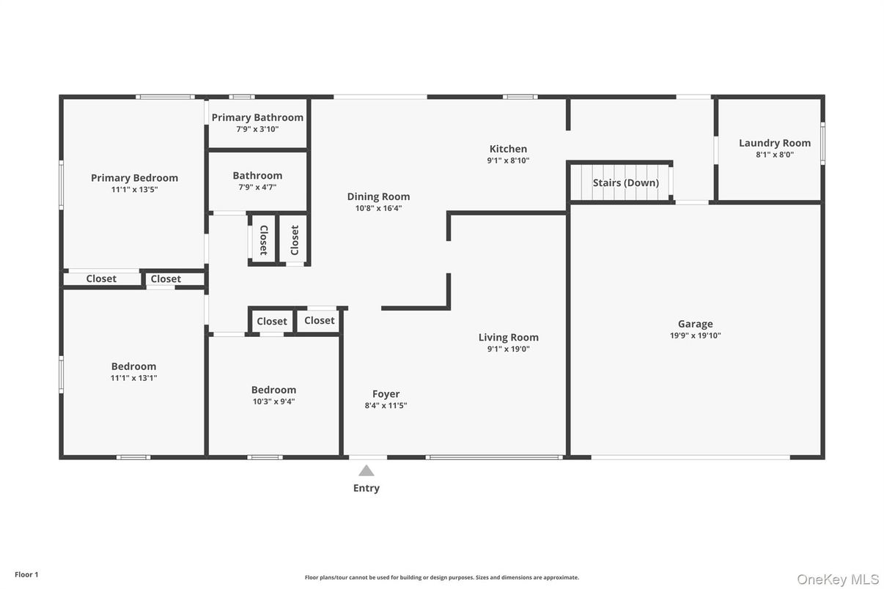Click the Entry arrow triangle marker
[x=367, y=471]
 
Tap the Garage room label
[x=695, y=324]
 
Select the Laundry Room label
[x=775, y=143]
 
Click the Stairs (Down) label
[x=626, y=182]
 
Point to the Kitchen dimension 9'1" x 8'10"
[x=508, y=160]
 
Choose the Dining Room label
[x=378, y=196]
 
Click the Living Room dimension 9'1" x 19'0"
[x=508, y=349]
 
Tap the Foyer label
[x=386, y=394]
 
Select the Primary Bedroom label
[x=134, y=177]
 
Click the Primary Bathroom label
[x=257, y=117]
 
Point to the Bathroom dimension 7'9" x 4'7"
[x=257, y=188]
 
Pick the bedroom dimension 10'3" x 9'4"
[x=273, y=401]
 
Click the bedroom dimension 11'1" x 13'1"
[x=133, y=378]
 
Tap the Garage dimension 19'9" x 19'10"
[x=695, y=336]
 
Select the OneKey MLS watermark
[x=837, y=579]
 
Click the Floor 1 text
[x=26, y=574]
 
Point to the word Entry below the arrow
[x=367, y=488]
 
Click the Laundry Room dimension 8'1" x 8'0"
[x=775, y=155]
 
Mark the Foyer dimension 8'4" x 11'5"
[x=386, y=406]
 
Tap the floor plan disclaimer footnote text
[x=441, y=577]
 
